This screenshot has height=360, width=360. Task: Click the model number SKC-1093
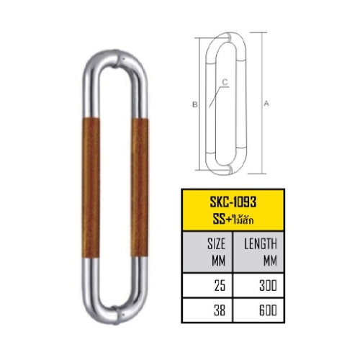point(233,202)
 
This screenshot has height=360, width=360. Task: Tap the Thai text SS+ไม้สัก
point(233,220)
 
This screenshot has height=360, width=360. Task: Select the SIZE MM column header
point(216,252)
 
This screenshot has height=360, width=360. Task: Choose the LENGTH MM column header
point(261,252)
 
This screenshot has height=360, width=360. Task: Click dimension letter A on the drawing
point(266,104)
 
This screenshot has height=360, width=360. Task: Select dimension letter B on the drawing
point(195,104)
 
